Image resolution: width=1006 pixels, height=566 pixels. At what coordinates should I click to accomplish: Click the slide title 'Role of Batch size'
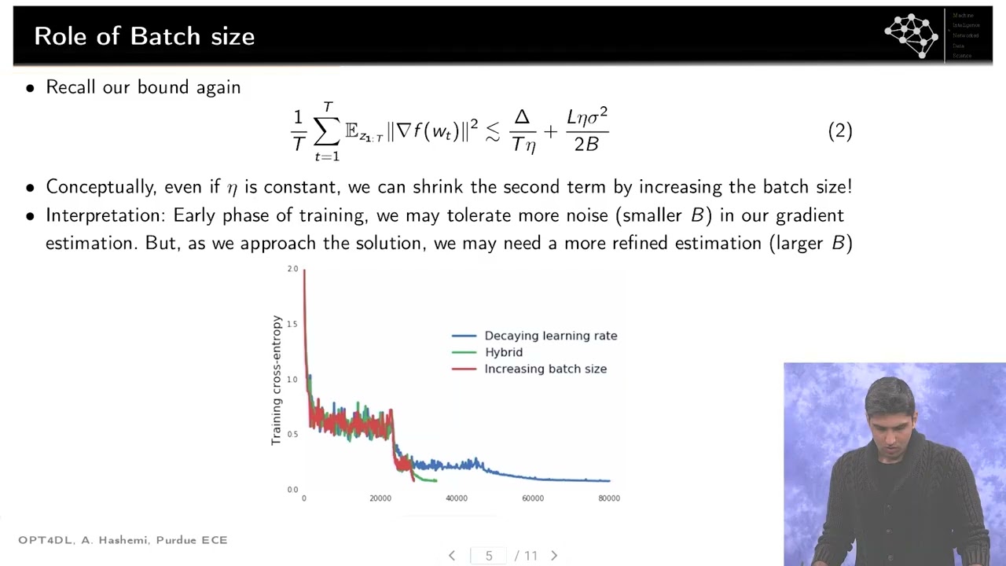tap(145, 36)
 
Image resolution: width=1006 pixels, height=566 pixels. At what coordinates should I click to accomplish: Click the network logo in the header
tap(912, 35)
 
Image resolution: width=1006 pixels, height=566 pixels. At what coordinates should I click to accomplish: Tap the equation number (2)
tap(839, 130)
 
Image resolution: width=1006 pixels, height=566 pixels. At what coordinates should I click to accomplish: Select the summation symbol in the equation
tap(326, 131)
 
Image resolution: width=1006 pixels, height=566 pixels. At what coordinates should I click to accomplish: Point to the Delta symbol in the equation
tap(522, 117)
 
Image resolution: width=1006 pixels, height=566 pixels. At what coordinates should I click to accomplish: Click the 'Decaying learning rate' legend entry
tap(550, 336)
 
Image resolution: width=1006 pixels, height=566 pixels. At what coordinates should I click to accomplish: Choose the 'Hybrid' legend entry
tap(503, 352)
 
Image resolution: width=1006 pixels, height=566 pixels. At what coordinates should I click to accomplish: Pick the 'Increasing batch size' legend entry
tap(545, 369)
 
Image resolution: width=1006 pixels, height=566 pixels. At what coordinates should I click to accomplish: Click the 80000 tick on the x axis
tap(608, 498)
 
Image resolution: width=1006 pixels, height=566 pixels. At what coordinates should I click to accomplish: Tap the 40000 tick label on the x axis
tap(456, 498)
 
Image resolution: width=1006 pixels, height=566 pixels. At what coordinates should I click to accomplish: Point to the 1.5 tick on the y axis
tap(292, 324)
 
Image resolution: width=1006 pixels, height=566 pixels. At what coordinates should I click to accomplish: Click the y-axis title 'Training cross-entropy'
tap(277, 380)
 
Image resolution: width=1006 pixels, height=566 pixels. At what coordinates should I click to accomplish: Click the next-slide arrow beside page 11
tap(554, 556)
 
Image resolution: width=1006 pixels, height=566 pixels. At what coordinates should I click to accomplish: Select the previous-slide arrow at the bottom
tap(452, 556)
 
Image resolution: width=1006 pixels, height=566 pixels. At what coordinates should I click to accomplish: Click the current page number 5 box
tap(489, 556)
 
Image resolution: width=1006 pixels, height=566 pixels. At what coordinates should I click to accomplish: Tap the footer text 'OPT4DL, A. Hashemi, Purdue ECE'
tap(123, 540)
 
